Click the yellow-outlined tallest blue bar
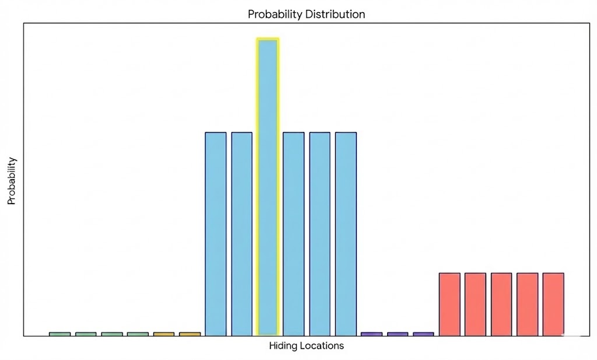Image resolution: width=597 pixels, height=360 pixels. (268, 187)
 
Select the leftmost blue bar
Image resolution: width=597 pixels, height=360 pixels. (216, 233)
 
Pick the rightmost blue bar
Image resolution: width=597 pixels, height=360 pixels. (346, 233)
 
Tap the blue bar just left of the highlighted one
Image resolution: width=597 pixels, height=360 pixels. (242, 233)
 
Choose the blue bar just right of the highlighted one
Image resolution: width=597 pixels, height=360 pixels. (294, 233)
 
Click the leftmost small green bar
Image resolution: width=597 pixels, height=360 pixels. (59, 334)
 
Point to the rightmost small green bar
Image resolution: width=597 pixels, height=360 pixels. (138, 334)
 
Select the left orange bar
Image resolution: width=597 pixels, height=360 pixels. (164, 334)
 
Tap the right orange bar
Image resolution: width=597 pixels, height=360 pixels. (189, 334)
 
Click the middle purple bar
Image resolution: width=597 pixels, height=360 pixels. (398, 334)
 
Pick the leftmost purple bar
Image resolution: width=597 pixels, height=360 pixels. (371, 334)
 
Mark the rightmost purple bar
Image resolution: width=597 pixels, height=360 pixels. (423, 334)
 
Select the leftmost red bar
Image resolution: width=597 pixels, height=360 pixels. (449, 303)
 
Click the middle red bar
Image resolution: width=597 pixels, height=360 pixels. (501, 303)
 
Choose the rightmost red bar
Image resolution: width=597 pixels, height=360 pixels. (553, 303)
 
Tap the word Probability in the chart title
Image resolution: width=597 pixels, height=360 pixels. (274, 14)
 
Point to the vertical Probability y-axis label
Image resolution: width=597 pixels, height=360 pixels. (11, 181)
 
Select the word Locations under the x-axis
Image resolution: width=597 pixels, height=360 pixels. (322, 346)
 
